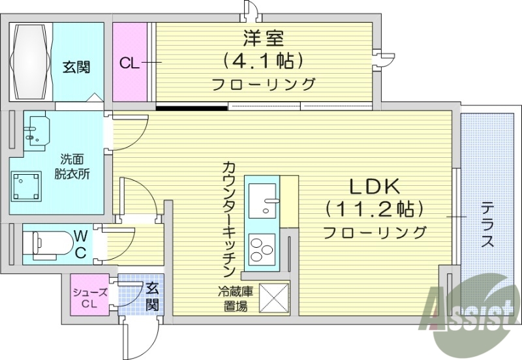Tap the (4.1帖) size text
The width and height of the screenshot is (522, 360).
pyautogui.click(x=264, y=62)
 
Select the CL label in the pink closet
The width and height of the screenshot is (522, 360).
pyautogui.click(x=129, y=63)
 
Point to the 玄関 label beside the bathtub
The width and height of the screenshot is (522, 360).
pyautogui.click(x=76, y=67)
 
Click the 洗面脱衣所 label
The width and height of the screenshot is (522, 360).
pyautogui.click(x=71, y=166)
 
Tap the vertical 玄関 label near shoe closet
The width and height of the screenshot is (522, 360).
pyautogui.click(x=151, y=296)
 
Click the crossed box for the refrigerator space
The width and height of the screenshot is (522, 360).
pyautogui.click(x=274, y=299)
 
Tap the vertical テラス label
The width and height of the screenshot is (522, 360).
pyautogui.click(x=487, y=225)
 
